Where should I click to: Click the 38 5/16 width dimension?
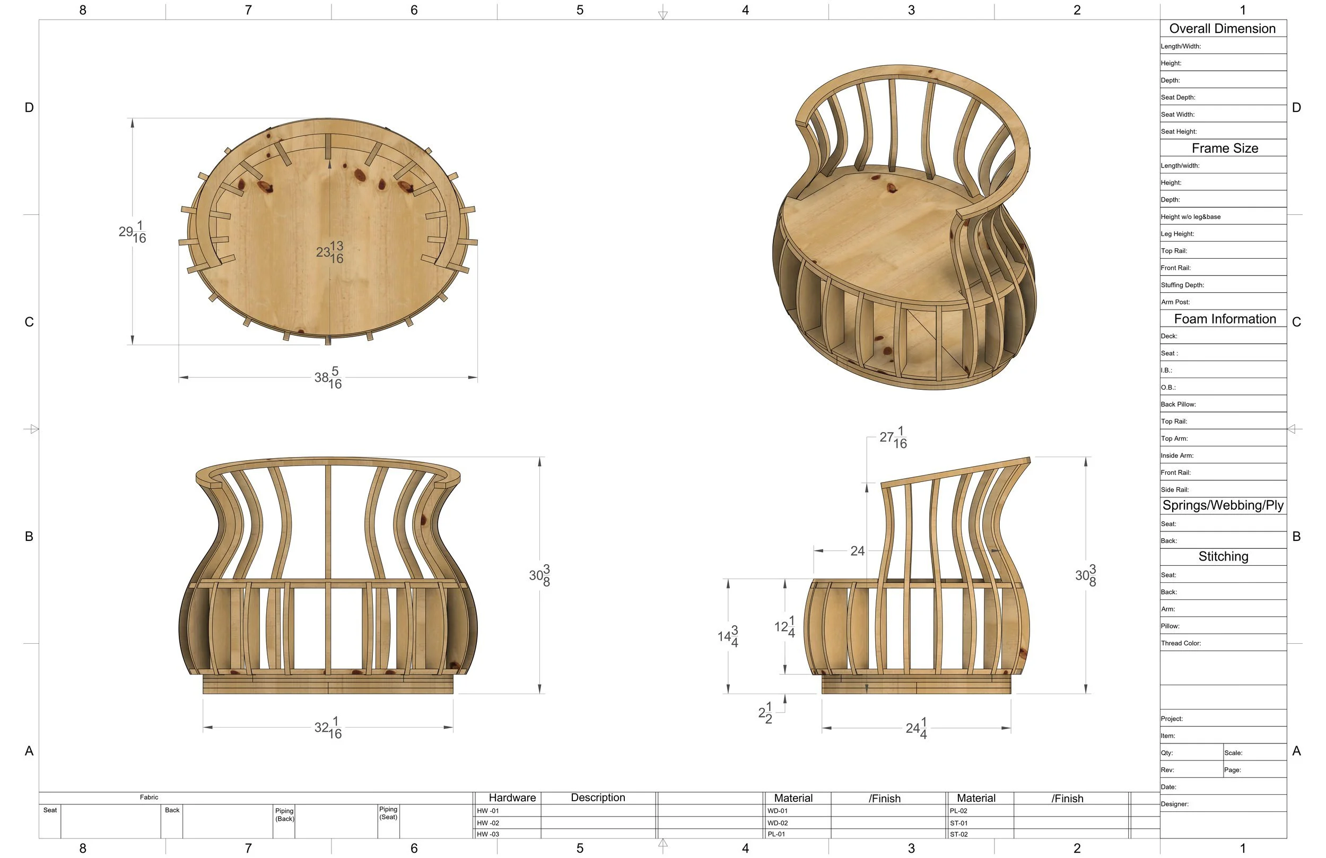pyautogui.click(x=328, y=378)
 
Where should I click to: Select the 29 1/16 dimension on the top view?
pyautogui.click(x=133, y=232)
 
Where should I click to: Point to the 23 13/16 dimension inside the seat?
pyautogui.click(x=330, y=252)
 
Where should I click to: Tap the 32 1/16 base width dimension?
pyautogui.click(x=328, y=728)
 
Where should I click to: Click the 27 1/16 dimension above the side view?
pyautogui.click(x=893, y=438)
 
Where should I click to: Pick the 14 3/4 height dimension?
pyautogui.click(x=728, y=636)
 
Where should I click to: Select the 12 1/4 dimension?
pyautogui.click(x=784, y=627)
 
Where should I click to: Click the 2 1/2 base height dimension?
pyautogui.click(x=765, y=713)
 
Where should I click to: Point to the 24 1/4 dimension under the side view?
pyautogui.click(x=917, y=728)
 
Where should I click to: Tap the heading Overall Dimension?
pyautogui.click(x=1223, y=29)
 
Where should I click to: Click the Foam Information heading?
pyautogui.click(x=1225, y=319)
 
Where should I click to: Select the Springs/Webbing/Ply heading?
pyautogui.click(x=1223, y=505)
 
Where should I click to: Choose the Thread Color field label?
pyautogui.click(x=1181, y=643)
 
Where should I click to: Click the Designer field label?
pyautogui.click(x=1174, y=804)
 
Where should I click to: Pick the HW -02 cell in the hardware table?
pyautogui.click(x=488, y=823)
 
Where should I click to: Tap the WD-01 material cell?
pyautogui.click(x=777, y=811)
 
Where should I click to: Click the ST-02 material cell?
pyautogui.click(x=959, y=834)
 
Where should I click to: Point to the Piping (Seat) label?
pyautogui.click(x=388, y=813)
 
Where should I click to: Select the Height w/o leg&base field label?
pyautogui.click(x=1191, y=217)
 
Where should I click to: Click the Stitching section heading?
pyautogui.click(x=1223, y=557)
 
